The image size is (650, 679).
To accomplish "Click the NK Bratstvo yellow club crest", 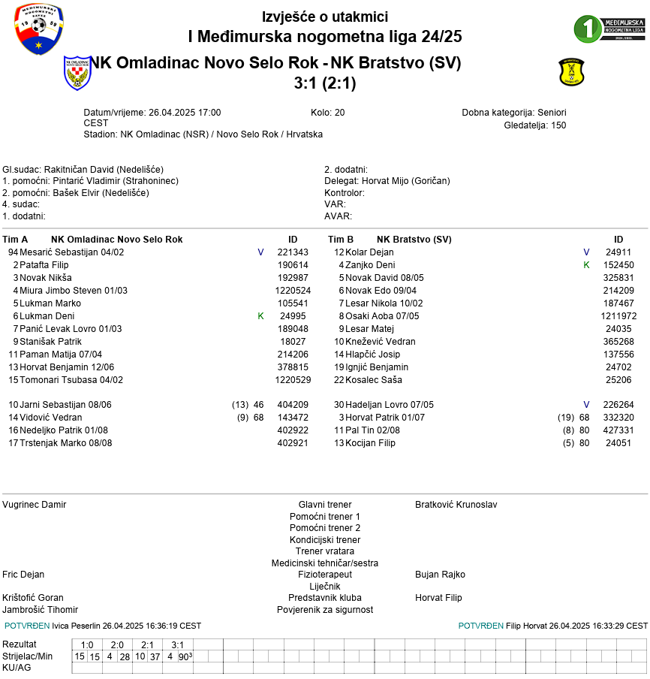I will tap(571, 73).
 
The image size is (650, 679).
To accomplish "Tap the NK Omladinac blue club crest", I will tap(77, 72).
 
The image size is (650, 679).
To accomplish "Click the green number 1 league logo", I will tap(609, 29).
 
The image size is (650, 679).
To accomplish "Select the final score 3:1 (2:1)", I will tap(325, 83).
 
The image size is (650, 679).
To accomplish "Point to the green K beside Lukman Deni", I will tap(260, 316).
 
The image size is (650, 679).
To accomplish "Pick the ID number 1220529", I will tap(293, 380).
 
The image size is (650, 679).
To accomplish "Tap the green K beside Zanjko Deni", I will tap(586, 265).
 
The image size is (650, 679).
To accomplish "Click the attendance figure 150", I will tap(558, 125).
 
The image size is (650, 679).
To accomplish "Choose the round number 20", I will tap(339, 113).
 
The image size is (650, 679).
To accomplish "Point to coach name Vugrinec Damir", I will tap(35, 505).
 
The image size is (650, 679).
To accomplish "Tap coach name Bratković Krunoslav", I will tap(456, 505).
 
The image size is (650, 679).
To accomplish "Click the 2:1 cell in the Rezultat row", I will tap(148, 644).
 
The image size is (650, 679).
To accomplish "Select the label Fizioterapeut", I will tap(325, 575).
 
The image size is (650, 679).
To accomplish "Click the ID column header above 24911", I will tap(618, 240).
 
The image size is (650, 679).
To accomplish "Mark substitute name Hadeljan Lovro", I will tap(373, 405).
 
